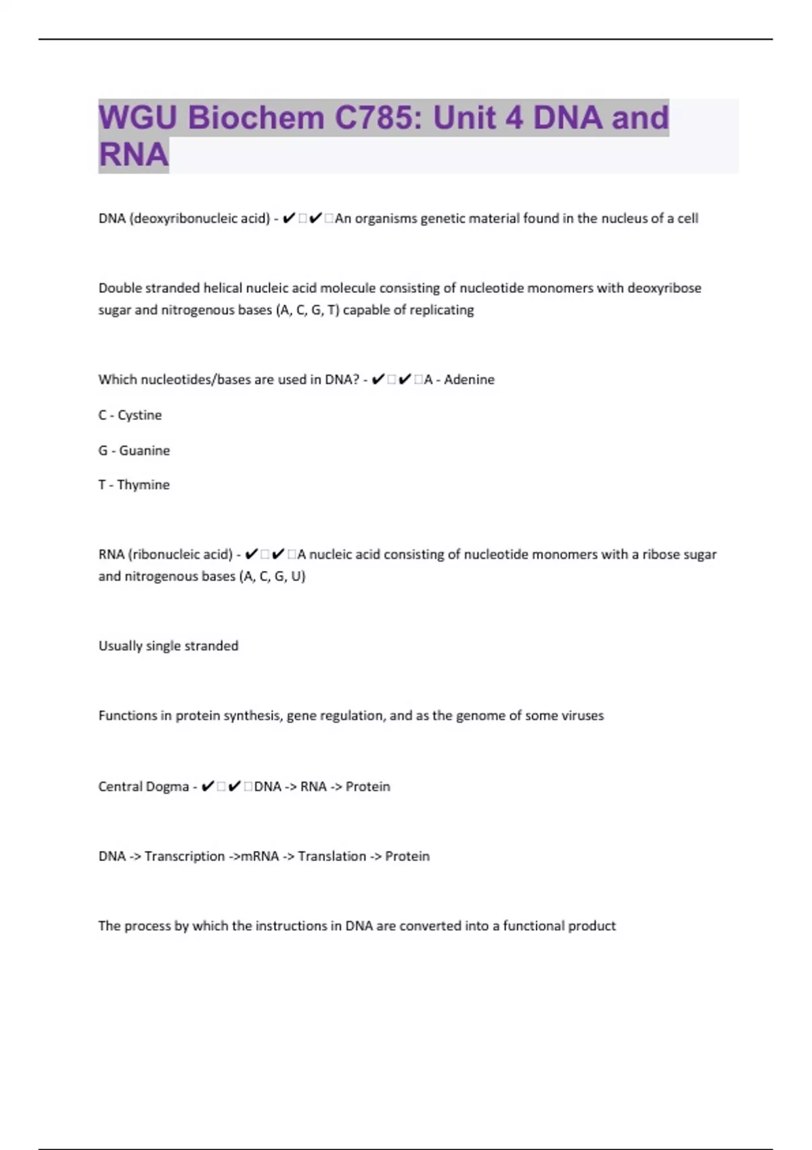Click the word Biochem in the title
(x=256, y=118)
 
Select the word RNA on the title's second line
(x=133, y=155)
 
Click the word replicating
(x=443, y=310)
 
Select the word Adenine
(x=469, y=379)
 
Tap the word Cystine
(x=139, y=415)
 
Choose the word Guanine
(x=144, y=451)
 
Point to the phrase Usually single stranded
(x=168, y=646)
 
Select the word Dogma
(x=167, y=787)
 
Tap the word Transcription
(x=185, y=856)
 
